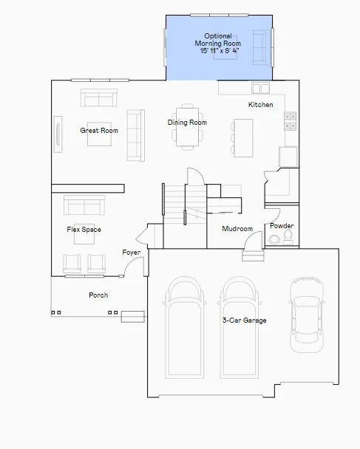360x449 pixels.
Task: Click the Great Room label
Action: pos(99,131)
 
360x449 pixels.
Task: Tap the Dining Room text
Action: pos(187,123)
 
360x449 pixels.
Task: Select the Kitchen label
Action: pos(260,105)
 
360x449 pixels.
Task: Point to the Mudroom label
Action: pos(237,229)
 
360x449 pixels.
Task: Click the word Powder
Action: pos(282,226)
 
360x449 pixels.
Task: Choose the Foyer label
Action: pos(132,253)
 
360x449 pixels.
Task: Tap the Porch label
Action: pos(98,295)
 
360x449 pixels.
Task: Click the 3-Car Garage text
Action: pos(245,321)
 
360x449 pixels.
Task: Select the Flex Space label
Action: pos(84,230)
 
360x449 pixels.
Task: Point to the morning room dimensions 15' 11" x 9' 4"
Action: pos(220,51)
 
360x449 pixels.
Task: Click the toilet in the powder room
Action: pos(288,237)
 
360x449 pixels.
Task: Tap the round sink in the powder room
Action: pos(274,239)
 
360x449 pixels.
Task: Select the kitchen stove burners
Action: pos(290,121)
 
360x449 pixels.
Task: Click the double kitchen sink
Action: pos(260,88)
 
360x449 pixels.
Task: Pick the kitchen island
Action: pos(243,138)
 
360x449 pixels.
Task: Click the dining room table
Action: pos(188,127)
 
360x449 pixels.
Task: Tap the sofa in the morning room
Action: pos(262,47)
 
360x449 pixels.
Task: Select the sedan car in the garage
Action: pos(307,315)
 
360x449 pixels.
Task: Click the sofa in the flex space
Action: pos(84,205)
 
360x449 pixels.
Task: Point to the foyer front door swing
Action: pos(134,267)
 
